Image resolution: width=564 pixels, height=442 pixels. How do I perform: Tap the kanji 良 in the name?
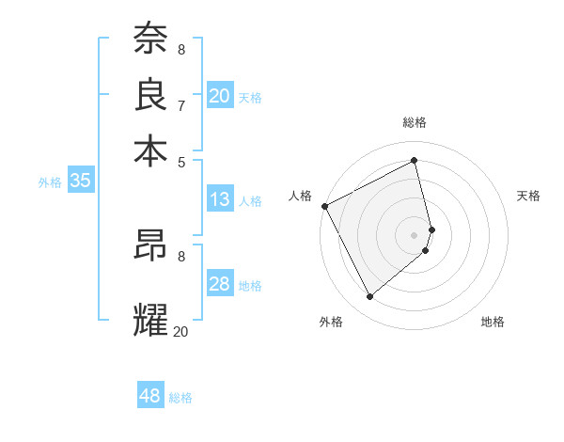click(150, 93)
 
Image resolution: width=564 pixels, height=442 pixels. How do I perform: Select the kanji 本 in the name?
click(150, 150)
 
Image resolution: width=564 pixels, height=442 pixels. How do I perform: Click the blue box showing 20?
click(219, 95)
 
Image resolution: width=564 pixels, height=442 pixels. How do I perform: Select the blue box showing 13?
click(219, 199)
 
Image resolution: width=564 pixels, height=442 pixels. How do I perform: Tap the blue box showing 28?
click(219, 285)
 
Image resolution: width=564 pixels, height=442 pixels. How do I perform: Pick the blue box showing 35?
click(80, 182)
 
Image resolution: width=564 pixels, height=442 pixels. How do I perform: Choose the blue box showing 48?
click(150, 396)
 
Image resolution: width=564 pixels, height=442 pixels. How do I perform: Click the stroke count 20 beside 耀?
click(180, 331)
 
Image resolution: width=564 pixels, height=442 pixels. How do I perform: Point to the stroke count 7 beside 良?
click(181, 105)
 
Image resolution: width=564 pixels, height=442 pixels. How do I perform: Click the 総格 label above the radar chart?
click(415, 122)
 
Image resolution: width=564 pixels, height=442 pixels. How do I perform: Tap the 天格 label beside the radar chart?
click(529, 196)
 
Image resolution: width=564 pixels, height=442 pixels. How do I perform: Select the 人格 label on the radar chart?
click(301, 196)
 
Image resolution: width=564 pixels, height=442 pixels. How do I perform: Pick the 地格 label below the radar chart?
click(493, 322)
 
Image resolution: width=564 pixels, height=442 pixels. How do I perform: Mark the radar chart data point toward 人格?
click(324, 206)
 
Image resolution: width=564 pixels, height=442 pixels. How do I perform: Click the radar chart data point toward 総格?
click(415, 161)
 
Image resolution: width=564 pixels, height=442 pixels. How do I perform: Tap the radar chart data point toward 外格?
click(369, 297)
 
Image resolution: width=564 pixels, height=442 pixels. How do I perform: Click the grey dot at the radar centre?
click(415, 234)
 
